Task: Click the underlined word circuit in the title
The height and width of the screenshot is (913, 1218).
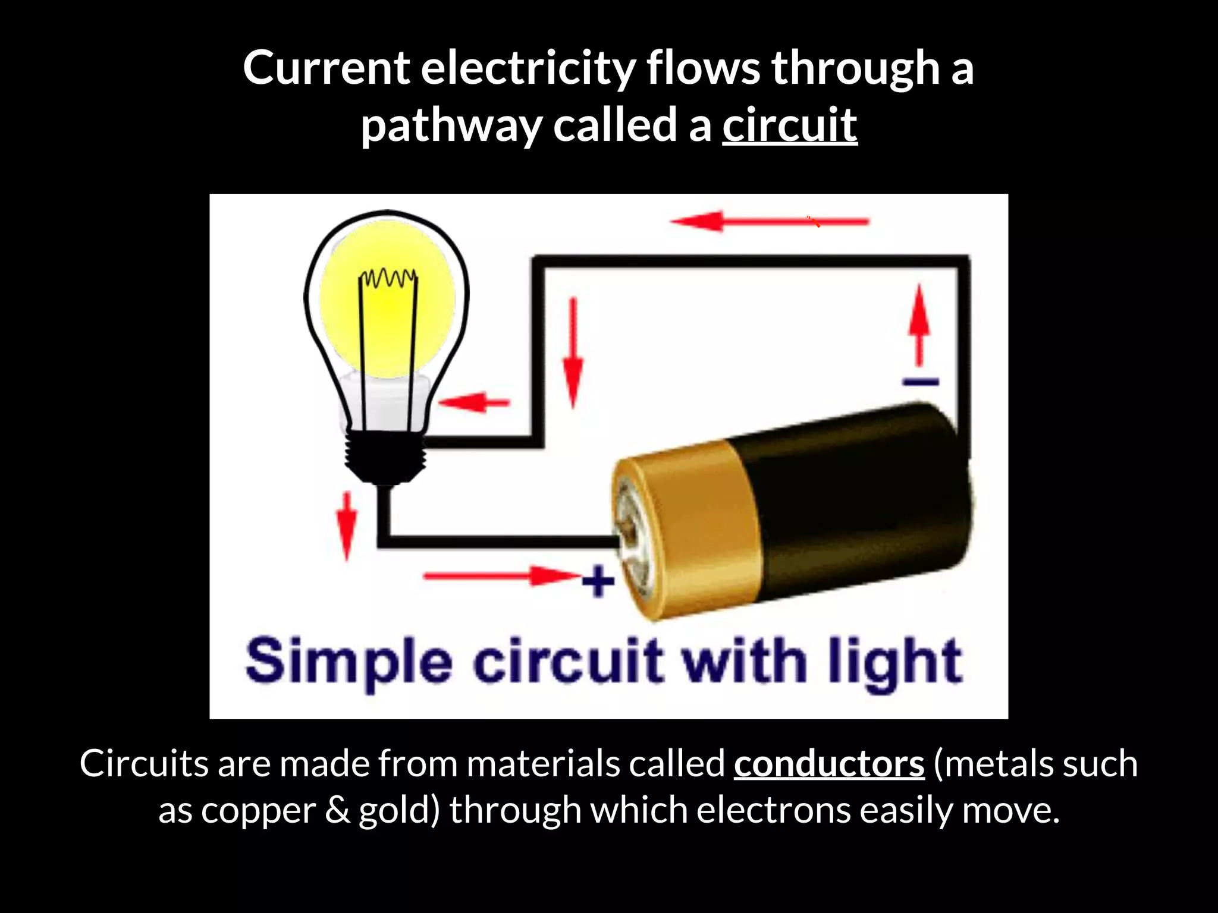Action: pyautogui.click(x=790, y=125)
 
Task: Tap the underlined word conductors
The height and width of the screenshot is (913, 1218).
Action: pyautogui.click(x=829, y=763)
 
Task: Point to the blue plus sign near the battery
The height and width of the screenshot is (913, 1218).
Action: pyautogui.click(x=598, y=580)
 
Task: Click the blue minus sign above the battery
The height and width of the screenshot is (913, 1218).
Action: pyautogui.click(x=921, y=382)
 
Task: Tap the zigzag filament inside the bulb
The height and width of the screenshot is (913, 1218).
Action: pyautogui.click(x=388, y=278)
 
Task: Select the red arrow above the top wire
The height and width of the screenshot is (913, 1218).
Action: pyautogui.click(x=770, y=222)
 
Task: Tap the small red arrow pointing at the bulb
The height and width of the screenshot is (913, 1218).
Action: pyautogui.click(x=474, y=402)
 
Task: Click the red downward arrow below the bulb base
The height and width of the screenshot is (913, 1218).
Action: pyautogui.click(x=346, y=525)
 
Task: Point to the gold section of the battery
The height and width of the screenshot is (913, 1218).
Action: pyautogui.click(x=690, y=529)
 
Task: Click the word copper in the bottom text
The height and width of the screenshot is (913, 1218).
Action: pyautogui.click(x=258, y=811)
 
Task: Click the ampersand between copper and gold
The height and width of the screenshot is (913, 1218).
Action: pyautogui.click(x=337, y=811)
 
